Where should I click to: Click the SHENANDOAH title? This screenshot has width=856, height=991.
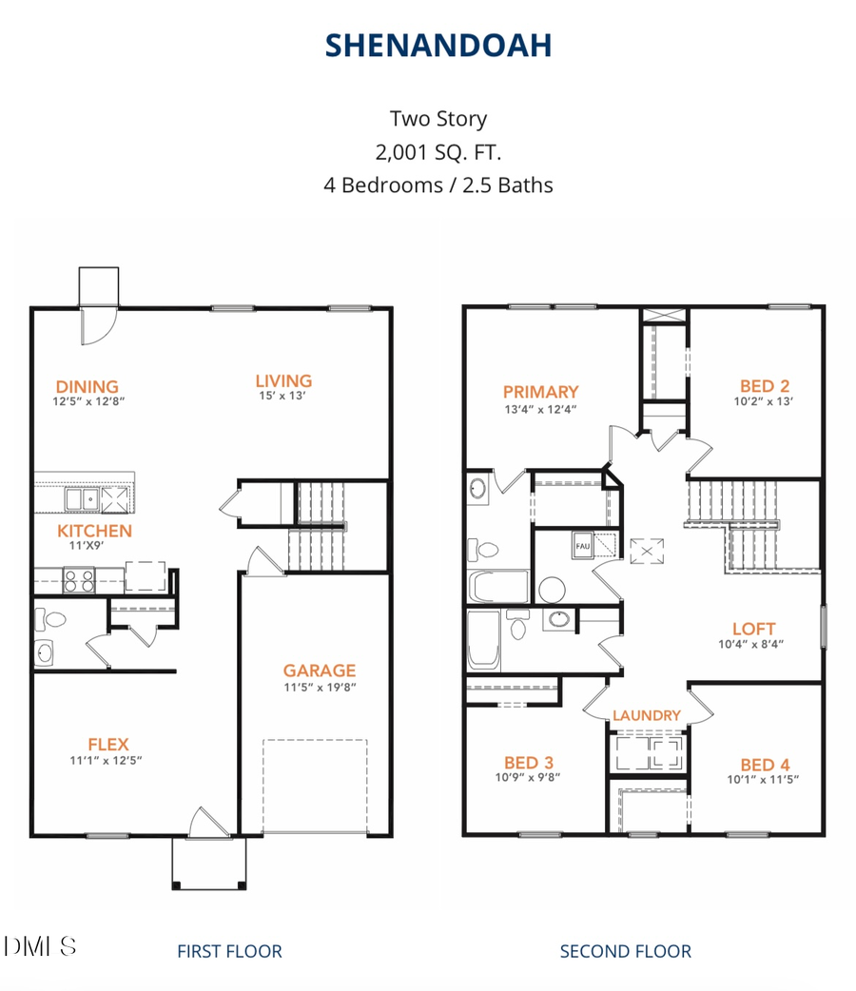(x=438, y=45)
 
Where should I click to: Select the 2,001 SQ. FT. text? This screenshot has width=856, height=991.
(x=438, y=151)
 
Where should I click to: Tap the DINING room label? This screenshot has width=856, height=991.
(x=87, y=386)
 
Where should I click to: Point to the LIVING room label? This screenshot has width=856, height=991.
(x=283, y=380)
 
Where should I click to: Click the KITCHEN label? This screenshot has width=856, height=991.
(x=94, y=531)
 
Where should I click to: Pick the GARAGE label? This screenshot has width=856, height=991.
(x=319, y=670)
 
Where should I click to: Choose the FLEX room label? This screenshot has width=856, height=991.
(x=107, y=744)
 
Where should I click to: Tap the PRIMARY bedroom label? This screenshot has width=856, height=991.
(x=540, y=391)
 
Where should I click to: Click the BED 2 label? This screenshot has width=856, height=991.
(x=765, y=386)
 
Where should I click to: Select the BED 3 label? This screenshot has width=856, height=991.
(x=528, y=762)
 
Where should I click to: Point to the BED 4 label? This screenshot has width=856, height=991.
(x=765, y=765)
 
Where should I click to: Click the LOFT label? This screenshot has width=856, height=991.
(x=753, y=629)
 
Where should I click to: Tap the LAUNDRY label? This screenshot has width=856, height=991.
(x=646, y=715)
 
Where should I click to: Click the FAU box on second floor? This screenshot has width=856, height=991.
(x=582, y=547)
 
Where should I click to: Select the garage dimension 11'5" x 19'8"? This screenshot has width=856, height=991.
(x=319, y=687)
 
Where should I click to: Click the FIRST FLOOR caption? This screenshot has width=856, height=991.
(x=229, y=950)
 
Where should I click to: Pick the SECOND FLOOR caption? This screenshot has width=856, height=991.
(x=625, y=950)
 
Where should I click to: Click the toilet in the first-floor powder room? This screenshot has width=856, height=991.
(x=54, y=620)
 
